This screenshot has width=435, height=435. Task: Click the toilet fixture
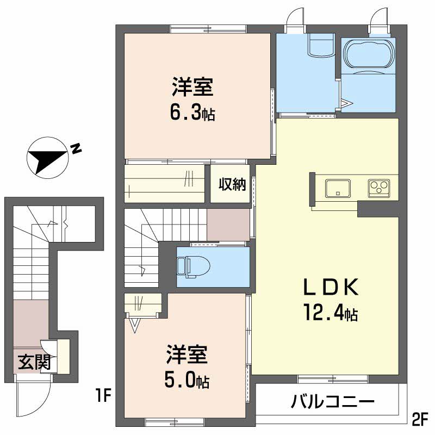(194, 266)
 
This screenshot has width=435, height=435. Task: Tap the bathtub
(368, 53)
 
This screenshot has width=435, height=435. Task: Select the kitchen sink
(338, 188)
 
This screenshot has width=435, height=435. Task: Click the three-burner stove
(379, 188)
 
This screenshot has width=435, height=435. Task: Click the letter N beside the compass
(76, 148)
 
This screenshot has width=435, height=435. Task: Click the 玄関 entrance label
(34, 362)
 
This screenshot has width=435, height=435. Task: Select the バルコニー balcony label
(333, 401)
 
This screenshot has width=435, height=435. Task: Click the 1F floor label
(104, 395)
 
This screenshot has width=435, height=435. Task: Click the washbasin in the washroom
(321, 45)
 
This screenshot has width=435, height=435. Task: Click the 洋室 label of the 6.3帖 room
(192, 87)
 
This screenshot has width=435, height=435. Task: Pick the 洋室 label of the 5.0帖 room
(187, 354)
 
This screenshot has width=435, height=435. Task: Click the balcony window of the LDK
(333, 379)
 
